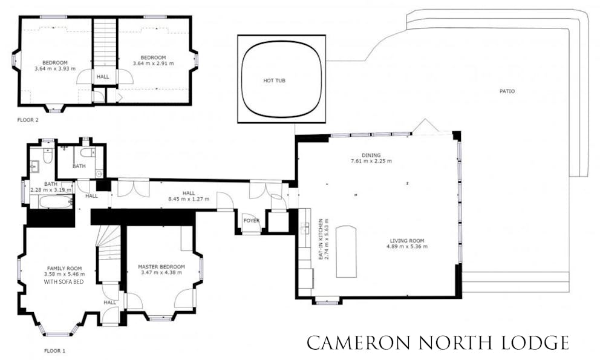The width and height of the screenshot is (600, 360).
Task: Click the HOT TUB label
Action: tap(275, 81)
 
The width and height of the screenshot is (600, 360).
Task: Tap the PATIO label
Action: tap(507, 91)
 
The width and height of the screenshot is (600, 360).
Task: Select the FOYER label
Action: tap(252, 221)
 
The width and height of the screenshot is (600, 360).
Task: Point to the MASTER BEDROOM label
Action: tap(161, 267)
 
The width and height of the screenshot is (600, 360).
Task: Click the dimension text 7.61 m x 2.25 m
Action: tap(371, 161)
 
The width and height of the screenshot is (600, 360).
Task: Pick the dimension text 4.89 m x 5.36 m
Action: tap(407, 246)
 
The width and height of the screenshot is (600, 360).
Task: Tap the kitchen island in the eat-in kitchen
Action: tap(347, 252)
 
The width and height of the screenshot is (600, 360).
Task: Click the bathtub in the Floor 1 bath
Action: tap(56, 201)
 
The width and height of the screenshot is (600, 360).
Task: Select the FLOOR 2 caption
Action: tap(28, 120)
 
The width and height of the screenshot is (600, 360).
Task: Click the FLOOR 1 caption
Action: tap(54, 350)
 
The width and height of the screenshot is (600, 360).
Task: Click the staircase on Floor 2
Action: tap(105, 44)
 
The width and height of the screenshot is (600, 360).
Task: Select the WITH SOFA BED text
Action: tap(64, 282)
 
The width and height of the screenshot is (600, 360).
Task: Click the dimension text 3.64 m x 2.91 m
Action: tap(153, 63)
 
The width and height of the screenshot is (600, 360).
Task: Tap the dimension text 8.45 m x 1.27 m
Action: tap(189, 199)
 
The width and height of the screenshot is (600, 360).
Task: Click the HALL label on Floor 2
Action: tap(103, 77)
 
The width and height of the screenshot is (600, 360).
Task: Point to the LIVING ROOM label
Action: tap(407, 241)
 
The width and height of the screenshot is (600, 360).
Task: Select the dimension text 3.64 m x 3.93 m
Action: tap(55, 68)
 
